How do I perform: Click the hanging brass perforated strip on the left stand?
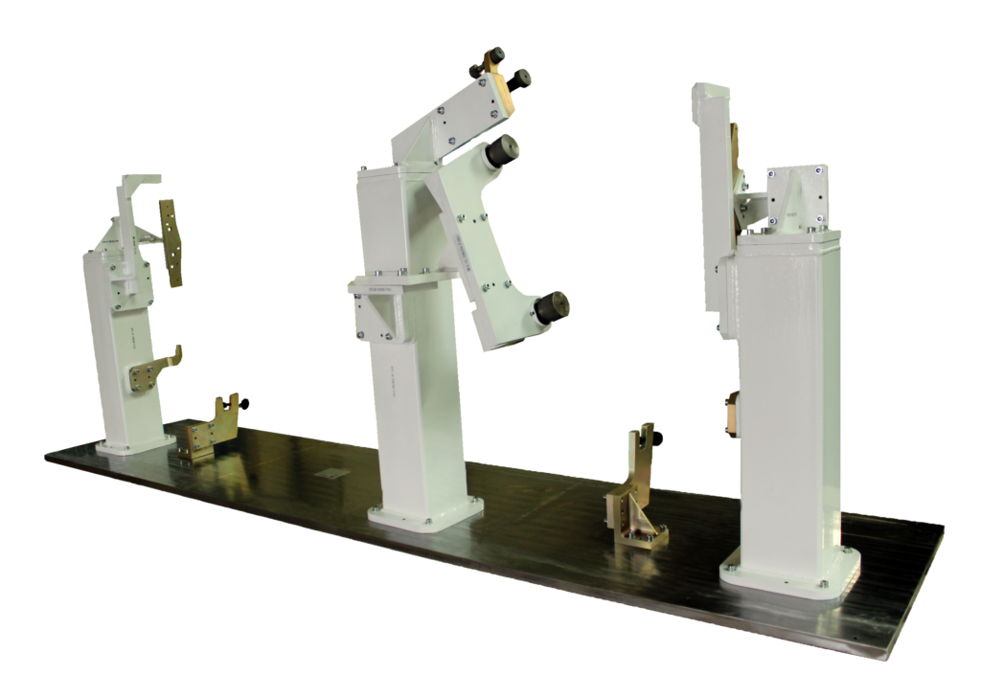171,242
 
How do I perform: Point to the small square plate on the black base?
333,473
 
